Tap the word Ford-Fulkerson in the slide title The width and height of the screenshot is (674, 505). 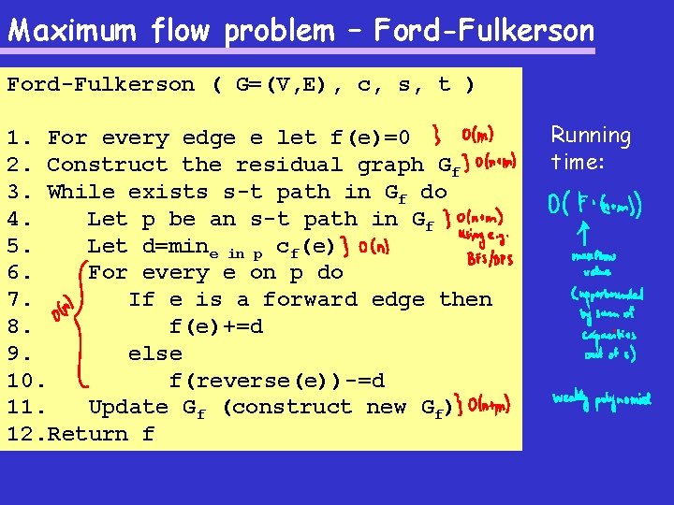484,31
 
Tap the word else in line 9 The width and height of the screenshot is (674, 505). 154,354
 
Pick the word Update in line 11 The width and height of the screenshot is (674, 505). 128,408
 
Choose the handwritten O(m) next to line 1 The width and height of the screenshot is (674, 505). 478,136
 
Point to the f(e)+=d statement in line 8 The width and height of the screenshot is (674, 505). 215,327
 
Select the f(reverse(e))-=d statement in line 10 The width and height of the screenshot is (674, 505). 276,382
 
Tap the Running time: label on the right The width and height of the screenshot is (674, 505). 591,149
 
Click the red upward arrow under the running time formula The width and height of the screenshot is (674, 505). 584,230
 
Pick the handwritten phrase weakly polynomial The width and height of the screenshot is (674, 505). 601,400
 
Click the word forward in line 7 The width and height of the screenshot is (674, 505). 310,300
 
